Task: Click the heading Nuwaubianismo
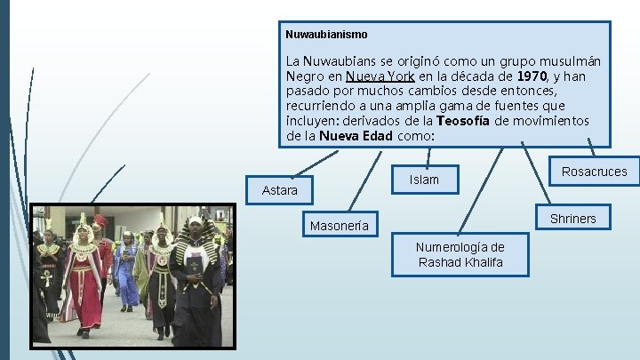click(x=326, y=34)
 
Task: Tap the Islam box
click(x=424, y=180)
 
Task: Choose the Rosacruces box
click(x=595, y=172)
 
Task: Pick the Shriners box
click(x=572, y=219)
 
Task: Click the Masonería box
click(x=339, y=226)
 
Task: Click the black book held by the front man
click(x=194, y=263)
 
